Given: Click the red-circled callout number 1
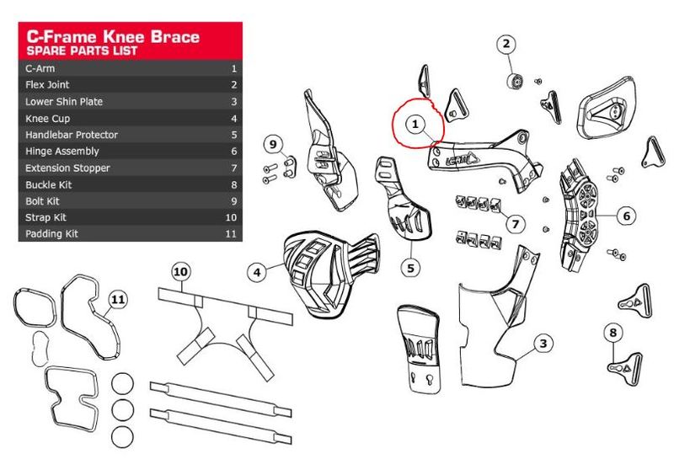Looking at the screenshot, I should (415, 124).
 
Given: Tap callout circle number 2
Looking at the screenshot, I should (506, 44).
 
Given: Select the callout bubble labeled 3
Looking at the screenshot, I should (544, 343).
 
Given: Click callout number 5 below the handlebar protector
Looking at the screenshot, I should (410, 268).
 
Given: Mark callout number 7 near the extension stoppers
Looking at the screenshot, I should (516, 223).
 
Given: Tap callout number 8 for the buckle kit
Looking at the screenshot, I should (613, 333).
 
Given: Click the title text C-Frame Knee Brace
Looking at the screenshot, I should (113, 36).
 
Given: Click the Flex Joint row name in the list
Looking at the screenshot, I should (48, 85).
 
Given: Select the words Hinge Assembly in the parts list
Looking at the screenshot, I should (62, 151).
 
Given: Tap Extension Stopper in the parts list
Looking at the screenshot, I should (67, 168).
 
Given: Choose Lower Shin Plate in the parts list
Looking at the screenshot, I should (64, 102).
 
